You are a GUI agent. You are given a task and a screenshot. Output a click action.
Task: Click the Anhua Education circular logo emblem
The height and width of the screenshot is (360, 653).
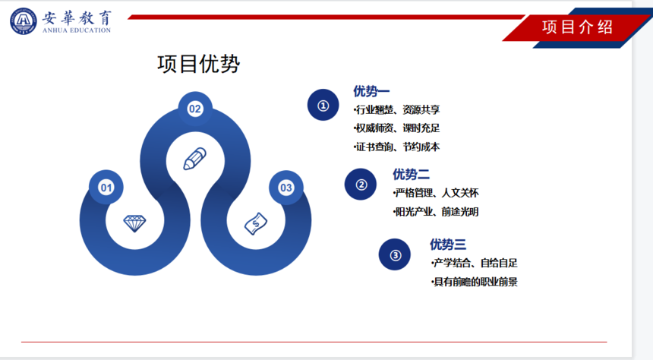tap(24, 21)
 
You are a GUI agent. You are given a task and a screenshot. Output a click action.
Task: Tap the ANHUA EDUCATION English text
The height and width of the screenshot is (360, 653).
tap(77, 30)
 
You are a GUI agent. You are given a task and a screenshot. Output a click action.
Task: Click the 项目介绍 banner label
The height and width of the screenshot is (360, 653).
tap(577, 27)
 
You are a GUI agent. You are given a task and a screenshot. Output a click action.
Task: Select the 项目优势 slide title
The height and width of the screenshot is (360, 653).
tap(199, 64)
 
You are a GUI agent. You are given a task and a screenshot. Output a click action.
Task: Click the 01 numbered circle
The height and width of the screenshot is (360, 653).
tap(106, 188)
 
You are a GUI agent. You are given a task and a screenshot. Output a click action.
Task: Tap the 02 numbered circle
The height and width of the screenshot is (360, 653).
tap(195, 109)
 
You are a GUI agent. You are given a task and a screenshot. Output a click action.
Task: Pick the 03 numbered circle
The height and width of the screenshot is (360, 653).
tap(286, 188)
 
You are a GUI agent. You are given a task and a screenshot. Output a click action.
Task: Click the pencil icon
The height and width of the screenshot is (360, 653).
tap(195, 159)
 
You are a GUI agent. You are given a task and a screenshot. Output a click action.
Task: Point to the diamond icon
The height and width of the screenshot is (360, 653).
tap(134, 223)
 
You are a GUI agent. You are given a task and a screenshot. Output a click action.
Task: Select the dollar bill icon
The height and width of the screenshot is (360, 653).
tap(256, 224)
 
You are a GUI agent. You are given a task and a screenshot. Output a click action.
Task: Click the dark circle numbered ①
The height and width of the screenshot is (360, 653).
tap(323, 105)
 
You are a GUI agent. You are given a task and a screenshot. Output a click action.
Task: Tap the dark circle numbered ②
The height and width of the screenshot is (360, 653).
tap(361, 184)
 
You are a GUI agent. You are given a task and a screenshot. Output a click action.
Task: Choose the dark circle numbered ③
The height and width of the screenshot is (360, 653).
tap(395, 254)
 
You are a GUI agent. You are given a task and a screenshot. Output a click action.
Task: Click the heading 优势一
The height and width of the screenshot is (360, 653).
tap(371, 91)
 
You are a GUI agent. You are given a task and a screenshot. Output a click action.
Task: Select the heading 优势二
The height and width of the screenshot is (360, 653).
tap(411, 174)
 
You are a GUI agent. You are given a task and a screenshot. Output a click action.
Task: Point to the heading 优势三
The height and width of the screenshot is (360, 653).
tap(448, 245)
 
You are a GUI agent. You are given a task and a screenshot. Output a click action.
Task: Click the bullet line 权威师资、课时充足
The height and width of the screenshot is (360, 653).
tap(396, 128)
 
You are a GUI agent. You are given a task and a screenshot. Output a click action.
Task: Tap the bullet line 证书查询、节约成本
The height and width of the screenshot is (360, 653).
tap(396, 147)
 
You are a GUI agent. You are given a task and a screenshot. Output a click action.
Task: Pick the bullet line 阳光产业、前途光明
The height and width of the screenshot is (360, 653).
tap(436, 212)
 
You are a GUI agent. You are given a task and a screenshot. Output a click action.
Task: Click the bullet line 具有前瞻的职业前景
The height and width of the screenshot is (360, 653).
tap(475, 282)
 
